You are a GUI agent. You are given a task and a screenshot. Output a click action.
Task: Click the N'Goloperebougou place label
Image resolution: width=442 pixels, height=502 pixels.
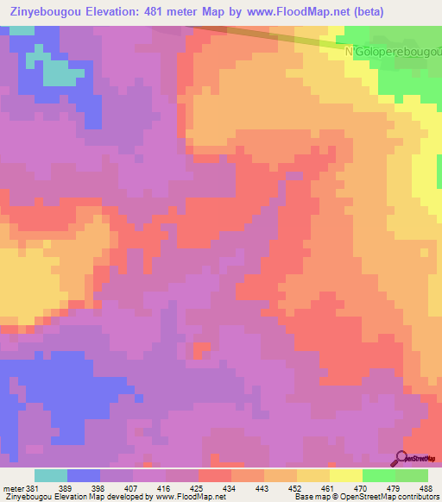393,53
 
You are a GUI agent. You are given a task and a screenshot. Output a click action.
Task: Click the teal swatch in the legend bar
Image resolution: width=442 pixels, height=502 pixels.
51,475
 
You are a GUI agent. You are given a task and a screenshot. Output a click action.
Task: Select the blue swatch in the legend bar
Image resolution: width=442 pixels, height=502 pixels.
84,475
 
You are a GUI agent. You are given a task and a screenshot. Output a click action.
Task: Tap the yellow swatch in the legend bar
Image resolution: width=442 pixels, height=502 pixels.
346,475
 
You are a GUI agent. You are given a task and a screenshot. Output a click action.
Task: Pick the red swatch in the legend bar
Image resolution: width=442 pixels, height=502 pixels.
215,475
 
